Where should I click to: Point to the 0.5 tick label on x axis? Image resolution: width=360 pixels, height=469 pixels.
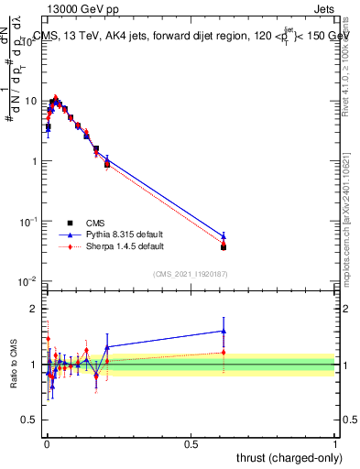pyautogui.click(x=191, y=443)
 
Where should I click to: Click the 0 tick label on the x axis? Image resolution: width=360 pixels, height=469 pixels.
pyautogui.click(x=46, y=443)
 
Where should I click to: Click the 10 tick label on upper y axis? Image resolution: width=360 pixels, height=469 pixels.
pyautogui.click(x=31, y=101)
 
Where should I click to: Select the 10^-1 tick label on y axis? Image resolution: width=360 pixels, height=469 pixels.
pyautogui.click(x=29, y=222)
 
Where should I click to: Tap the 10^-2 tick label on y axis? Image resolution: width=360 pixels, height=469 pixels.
pyautogui.click(x=29, y=281)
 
